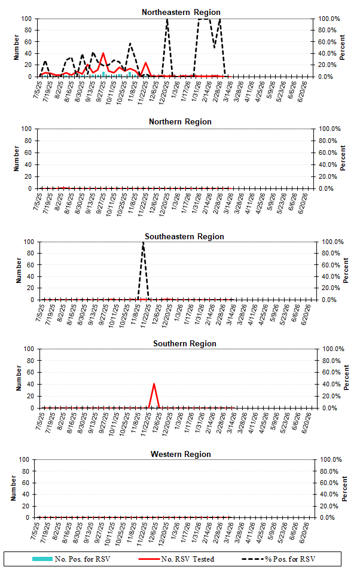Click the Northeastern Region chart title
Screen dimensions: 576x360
(181, 12)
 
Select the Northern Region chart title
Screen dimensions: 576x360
(180, 121)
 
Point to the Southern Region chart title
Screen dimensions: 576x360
(184, 343)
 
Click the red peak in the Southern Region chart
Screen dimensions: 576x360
(154, 384)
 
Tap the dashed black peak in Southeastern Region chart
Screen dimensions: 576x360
(143, 243)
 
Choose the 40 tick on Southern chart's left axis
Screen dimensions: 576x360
(28, 385)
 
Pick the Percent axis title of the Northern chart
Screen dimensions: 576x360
(343, 158)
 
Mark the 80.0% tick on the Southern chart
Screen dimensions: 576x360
(331, 361)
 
